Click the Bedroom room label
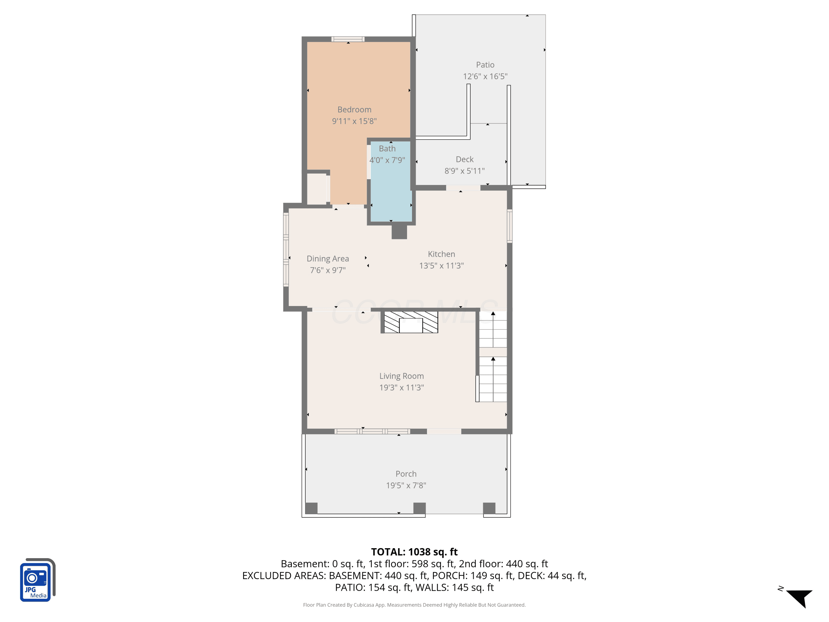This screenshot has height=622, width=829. pos(354,109)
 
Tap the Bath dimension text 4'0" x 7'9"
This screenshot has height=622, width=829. pos(387,160)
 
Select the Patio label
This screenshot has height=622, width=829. pos(485,65)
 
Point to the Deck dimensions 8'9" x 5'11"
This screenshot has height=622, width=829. pos(464,171)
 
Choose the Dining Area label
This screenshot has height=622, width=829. pos(327,259)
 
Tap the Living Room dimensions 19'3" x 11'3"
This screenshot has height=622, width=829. pos(402,387)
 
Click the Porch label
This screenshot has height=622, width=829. pos(406,474)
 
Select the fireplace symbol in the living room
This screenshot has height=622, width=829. pos(411,322)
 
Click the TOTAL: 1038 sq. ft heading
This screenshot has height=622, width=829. pos(414,552)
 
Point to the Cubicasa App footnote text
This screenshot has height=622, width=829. pos(414,605)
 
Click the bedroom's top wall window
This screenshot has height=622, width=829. pos(348,39)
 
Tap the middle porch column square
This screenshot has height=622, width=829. pos(419,508)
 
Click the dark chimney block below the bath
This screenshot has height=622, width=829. pos(399,232)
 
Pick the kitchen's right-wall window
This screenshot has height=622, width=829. pos(510,226)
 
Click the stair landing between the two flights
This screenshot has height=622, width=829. pos(493,352)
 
